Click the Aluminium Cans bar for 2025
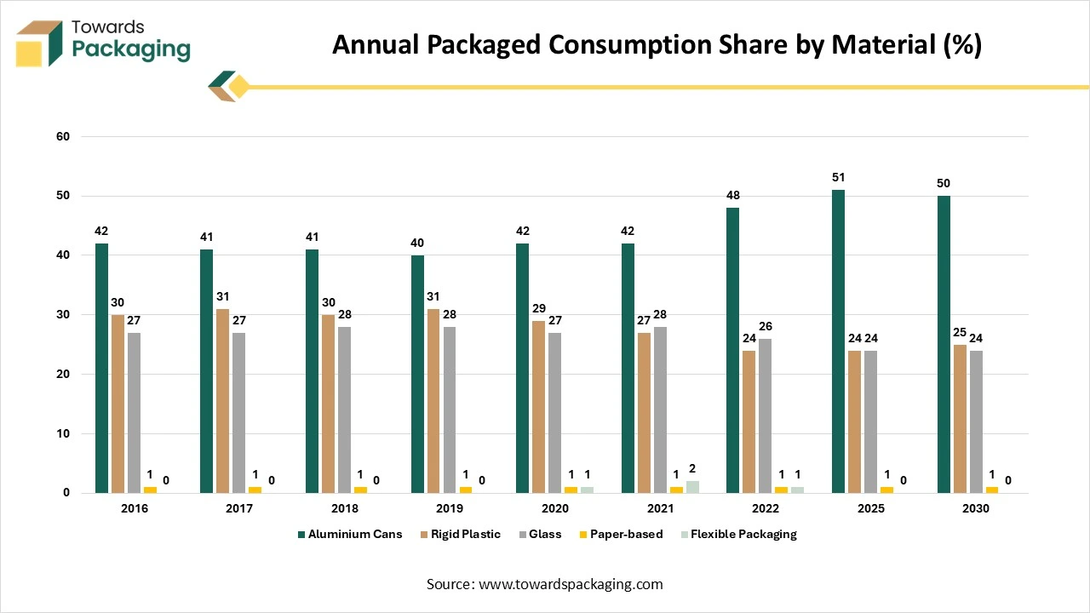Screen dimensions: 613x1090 [x=838, y=341]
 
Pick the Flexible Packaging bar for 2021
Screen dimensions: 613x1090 [x=692, y=487]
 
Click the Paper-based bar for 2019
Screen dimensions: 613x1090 [x=465, y=490]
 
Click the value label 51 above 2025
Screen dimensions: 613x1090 [x=838, y=178]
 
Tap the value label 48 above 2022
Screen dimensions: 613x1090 [x=732, y=196]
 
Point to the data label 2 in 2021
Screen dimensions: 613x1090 [x=693, y=467]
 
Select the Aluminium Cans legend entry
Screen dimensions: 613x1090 [x=351, y=535]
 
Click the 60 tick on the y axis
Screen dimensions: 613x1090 [x=63, y=136]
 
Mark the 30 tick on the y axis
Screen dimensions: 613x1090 [x=63, y=315]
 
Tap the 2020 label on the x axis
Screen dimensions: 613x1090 [x=555, y=508]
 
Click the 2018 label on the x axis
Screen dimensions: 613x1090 [x=345, y=508]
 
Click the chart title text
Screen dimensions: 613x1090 [x=657, y=45]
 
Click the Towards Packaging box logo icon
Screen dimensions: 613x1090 [x=40, y=43]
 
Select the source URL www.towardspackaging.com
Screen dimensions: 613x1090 [x=571, y=584]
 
